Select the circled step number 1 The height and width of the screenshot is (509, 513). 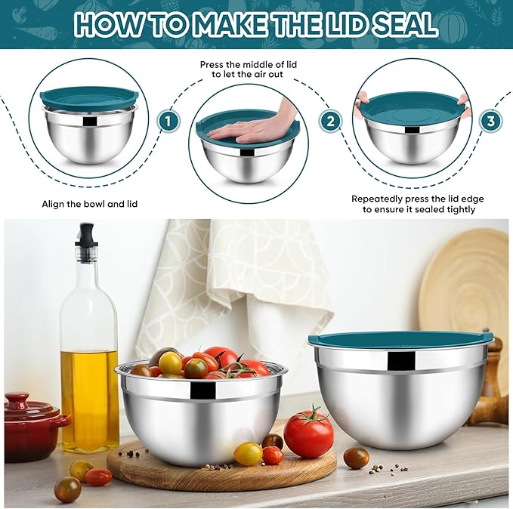[x=168, y=120]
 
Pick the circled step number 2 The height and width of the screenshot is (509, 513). [x=329, y=121]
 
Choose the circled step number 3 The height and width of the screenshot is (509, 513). [x=491, y=120]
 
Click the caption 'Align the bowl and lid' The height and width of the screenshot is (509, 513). [x=90, y=204]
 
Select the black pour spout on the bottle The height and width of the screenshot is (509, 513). [x=87, y=234]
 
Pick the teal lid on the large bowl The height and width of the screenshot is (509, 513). [x=400, y=339]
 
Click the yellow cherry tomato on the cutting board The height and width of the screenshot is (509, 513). [x=248, y=453]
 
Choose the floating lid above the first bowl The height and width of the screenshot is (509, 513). [x=89, y=97]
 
